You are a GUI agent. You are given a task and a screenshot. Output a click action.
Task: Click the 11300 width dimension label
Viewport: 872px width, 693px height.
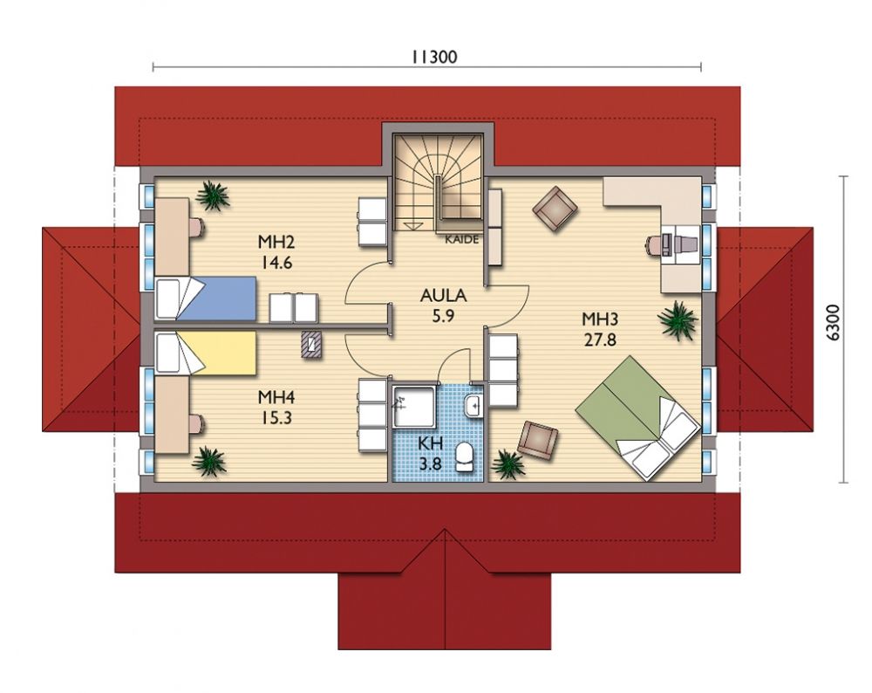tap(434, 57)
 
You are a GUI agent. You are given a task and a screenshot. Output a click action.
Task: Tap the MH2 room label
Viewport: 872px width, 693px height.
tap(276, 242)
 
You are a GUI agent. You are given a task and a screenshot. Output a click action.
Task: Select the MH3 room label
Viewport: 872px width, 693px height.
tap(600, 319)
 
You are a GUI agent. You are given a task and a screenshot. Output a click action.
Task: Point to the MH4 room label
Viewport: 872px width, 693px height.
tap(276, 397)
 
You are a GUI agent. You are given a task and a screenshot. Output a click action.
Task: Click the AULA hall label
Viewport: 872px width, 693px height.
tap(443, 296)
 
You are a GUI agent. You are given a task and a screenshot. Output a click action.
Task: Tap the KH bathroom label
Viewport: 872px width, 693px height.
tap(431, 443)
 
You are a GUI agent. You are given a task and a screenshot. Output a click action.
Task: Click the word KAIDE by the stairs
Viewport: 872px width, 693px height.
tap(462, 239)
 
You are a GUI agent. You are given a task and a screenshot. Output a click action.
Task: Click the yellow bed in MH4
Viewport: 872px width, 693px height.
tap(206, 353)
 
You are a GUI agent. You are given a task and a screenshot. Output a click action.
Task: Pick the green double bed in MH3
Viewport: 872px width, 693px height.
tap(638, 417)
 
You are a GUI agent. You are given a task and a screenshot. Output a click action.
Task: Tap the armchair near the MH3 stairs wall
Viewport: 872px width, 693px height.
tap(555, 209)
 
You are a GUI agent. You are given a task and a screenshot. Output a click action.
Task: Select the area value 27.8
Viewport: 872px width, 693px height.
tap(600, 340)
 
